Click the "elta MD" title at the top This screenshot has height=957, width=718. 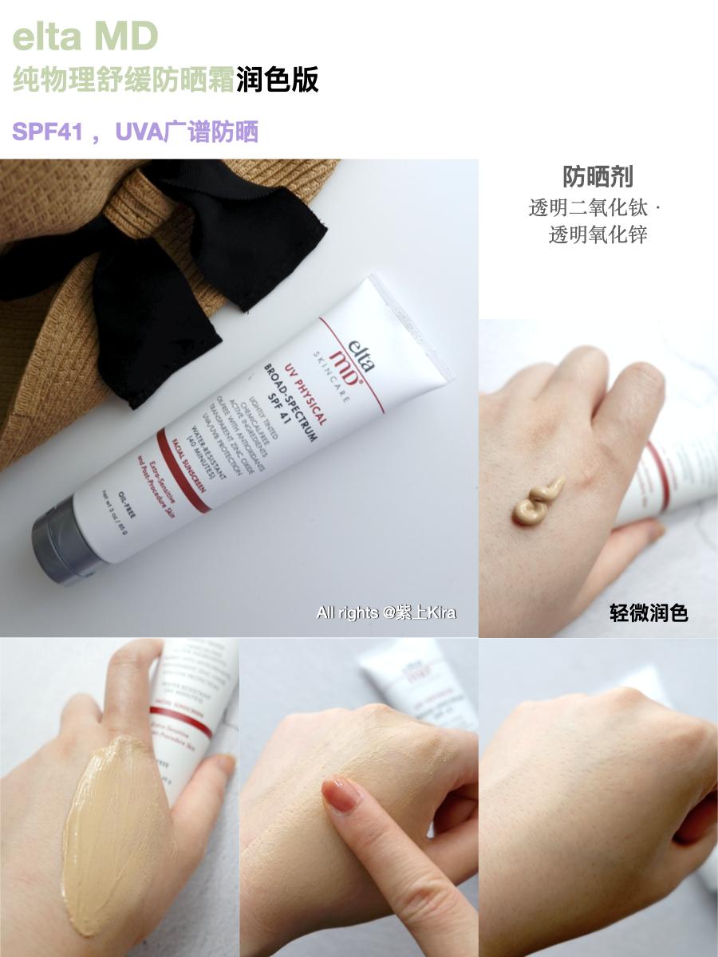[x=86, y=36]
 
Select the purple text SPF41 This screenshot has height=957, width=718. [x=48, y=132]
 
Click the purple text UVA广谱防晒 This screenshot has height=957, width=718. [x=187, y=132]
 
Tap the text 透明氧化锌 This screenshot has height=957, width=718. [x=598, y=234]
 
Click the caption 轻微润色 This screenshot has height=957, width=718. [x=649, y=612]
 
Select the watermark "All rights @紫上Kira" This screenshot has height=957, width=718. [x=386, y=612]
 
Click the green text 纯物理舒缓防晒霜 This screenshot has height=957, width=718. [x=124, y=81]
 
